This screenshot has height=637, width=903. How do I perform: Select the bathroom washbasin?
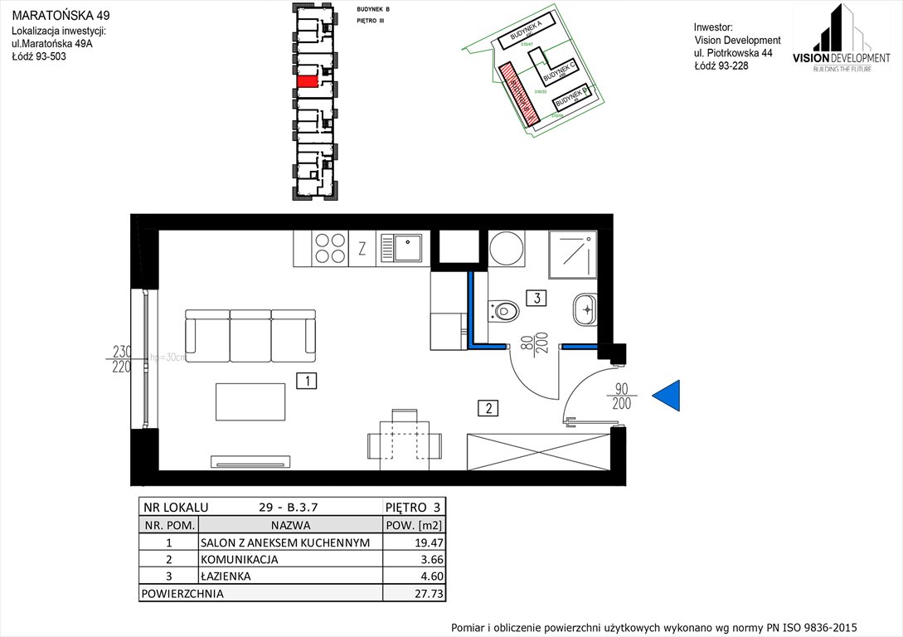585,310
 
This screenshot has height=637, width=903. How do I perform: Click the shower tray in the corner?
573,255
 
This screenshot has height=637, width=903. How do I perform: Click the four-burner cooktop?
330,248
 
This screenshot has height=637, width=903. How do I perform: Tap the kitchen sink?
402,248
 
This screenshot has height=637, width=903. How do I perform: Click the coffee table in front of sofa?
250,401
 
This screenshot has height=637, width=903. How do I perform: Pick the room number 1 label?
307,382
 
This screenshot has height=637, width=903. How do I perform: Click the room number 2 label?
489,407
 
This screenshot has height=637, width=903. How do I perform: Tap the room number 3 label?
536,298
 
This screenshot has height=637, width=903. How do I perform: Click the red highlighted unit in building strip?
307,82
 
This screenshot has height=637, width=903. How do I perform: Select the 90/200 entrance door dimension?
622,396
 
